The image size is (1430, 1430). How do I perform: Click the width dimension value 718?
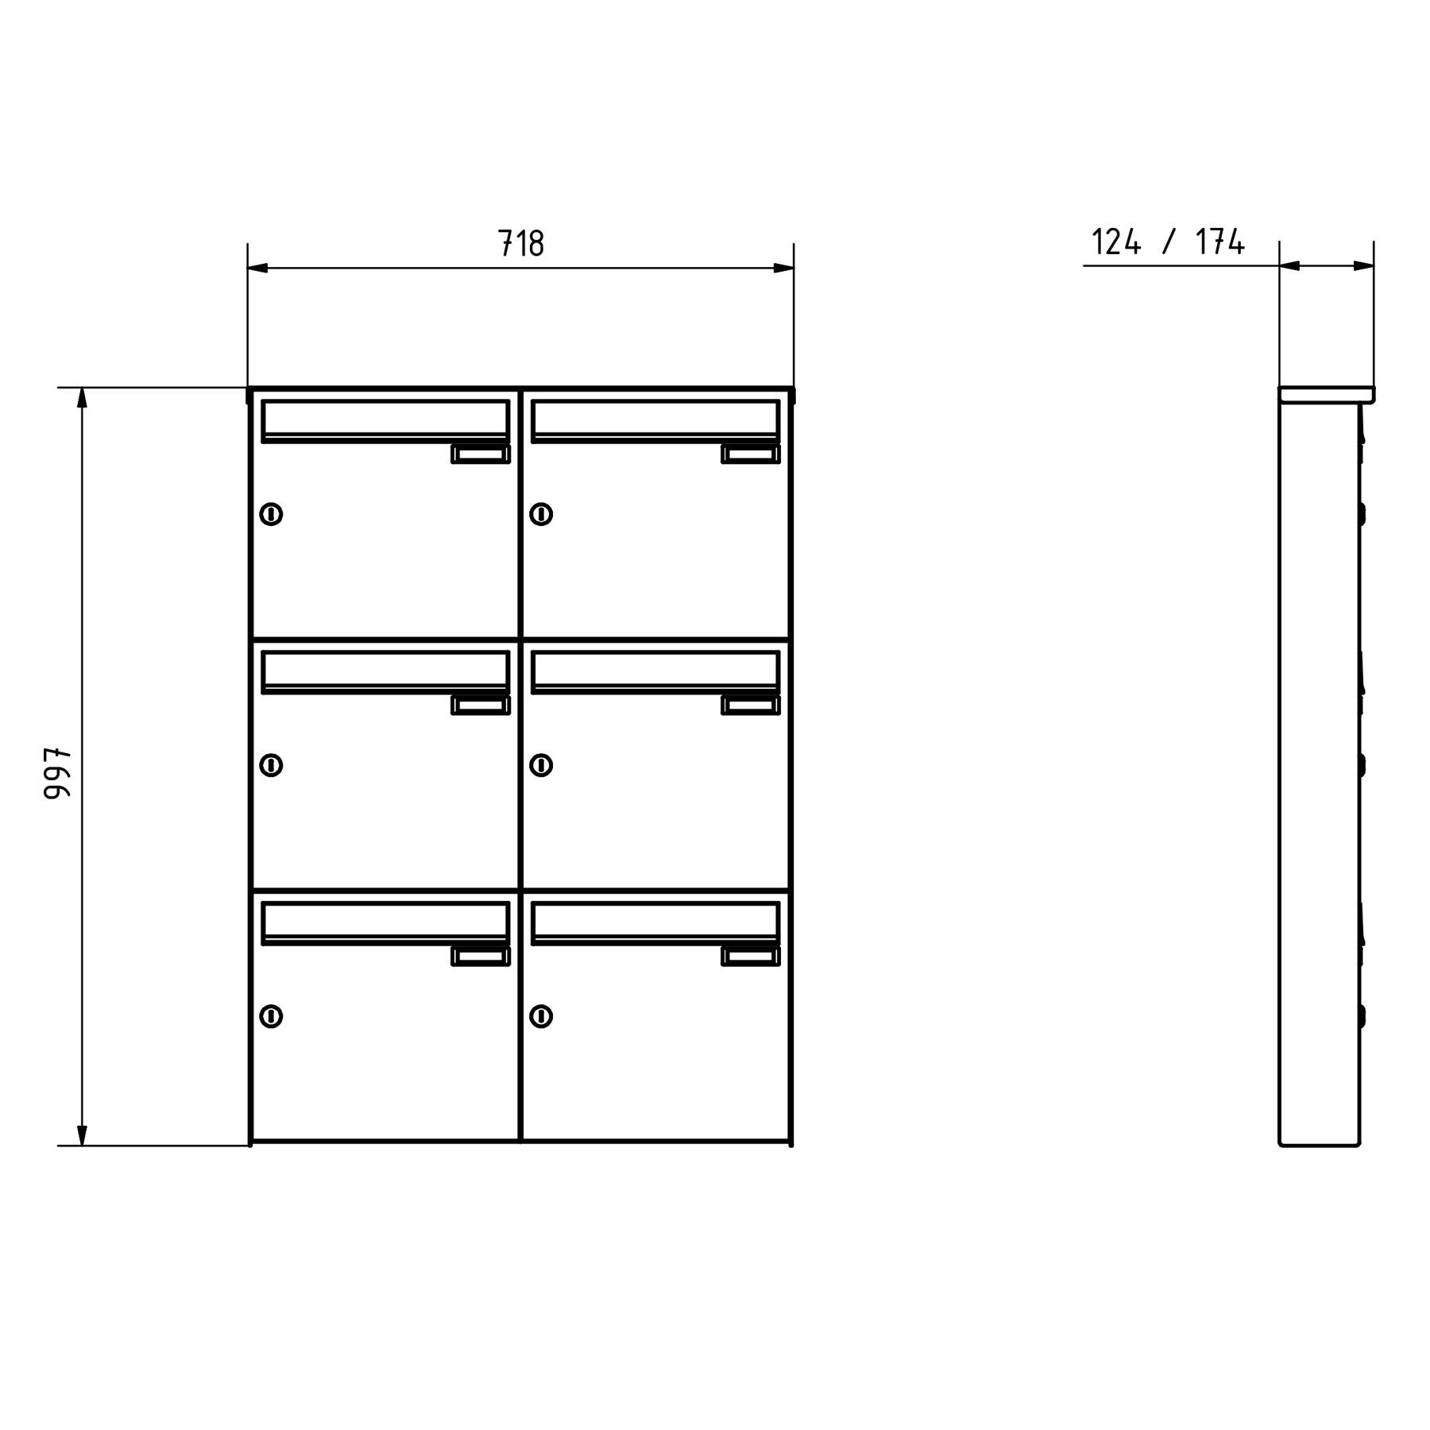[521, 243]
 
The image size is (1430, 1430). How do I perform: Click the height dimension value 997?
[58, 772]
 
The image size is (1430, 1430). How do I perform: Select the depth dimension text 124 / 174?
[1168, 242]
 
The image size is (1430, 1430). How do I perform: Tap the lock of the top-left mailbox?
[271, 514]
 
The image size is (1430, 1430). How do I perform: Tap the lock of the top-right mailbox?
[541, 514]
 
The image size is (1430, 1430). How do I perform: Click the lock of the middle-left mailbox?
[271, 765]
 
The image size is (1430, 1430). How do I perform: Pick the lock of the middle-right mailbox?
[541, 765]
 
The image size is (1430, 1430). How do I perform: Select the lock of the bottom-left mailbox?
[271, 1016]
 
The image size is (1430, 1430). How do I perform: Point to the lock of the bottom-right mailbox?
[541, 1016]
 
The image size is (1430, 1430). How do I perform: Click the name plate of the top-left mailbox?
[481, 454]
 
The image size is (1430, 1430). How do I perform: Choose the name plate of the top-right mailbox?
[751, 454]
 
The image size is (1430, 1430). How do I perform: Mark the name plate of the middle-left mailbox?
[481, 705]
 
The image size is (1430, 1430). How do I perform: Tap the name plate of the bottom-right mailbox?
[751, 957]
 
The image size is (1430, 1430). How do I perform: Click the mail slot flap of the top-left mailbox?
[385, 419]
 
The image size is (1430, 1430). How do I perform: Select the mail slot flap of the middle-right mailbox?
[655, 670]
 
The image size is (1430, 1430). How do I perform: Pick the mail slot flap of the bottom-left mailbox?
[385, 921]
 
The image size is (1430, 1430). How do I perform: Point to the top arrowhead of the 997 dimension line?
[82, 397]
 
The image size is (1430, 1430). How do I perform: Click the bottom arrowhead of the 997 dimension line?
[82, 1136]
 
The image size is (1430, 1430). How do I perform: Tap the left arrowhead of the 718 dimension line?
[257, 269]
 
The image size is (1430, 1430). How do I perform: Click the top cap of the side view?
[1326, 395]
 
